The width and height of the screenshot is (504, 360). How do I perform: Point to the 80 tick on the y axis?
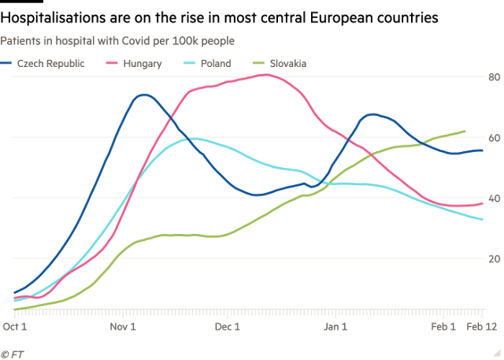[494, 77]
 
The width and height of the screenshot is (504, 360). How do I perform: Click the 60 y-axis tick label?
[494, 138]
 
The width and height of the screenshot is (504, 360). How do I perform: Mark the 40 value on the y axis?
[494, 199]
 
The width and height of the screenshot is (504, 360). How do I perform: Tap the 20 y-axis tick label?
[494, 259]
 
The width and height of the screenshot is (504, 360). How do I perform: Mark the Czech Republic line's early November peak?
[143, 95]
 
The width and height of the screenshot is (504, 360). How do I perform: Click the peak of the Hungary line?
[265, 75]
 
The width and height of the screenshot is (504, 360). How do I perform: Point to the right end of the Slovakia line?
[465, 131]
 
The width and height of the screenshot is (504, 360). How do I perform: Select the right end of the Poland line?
[482, 220]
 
